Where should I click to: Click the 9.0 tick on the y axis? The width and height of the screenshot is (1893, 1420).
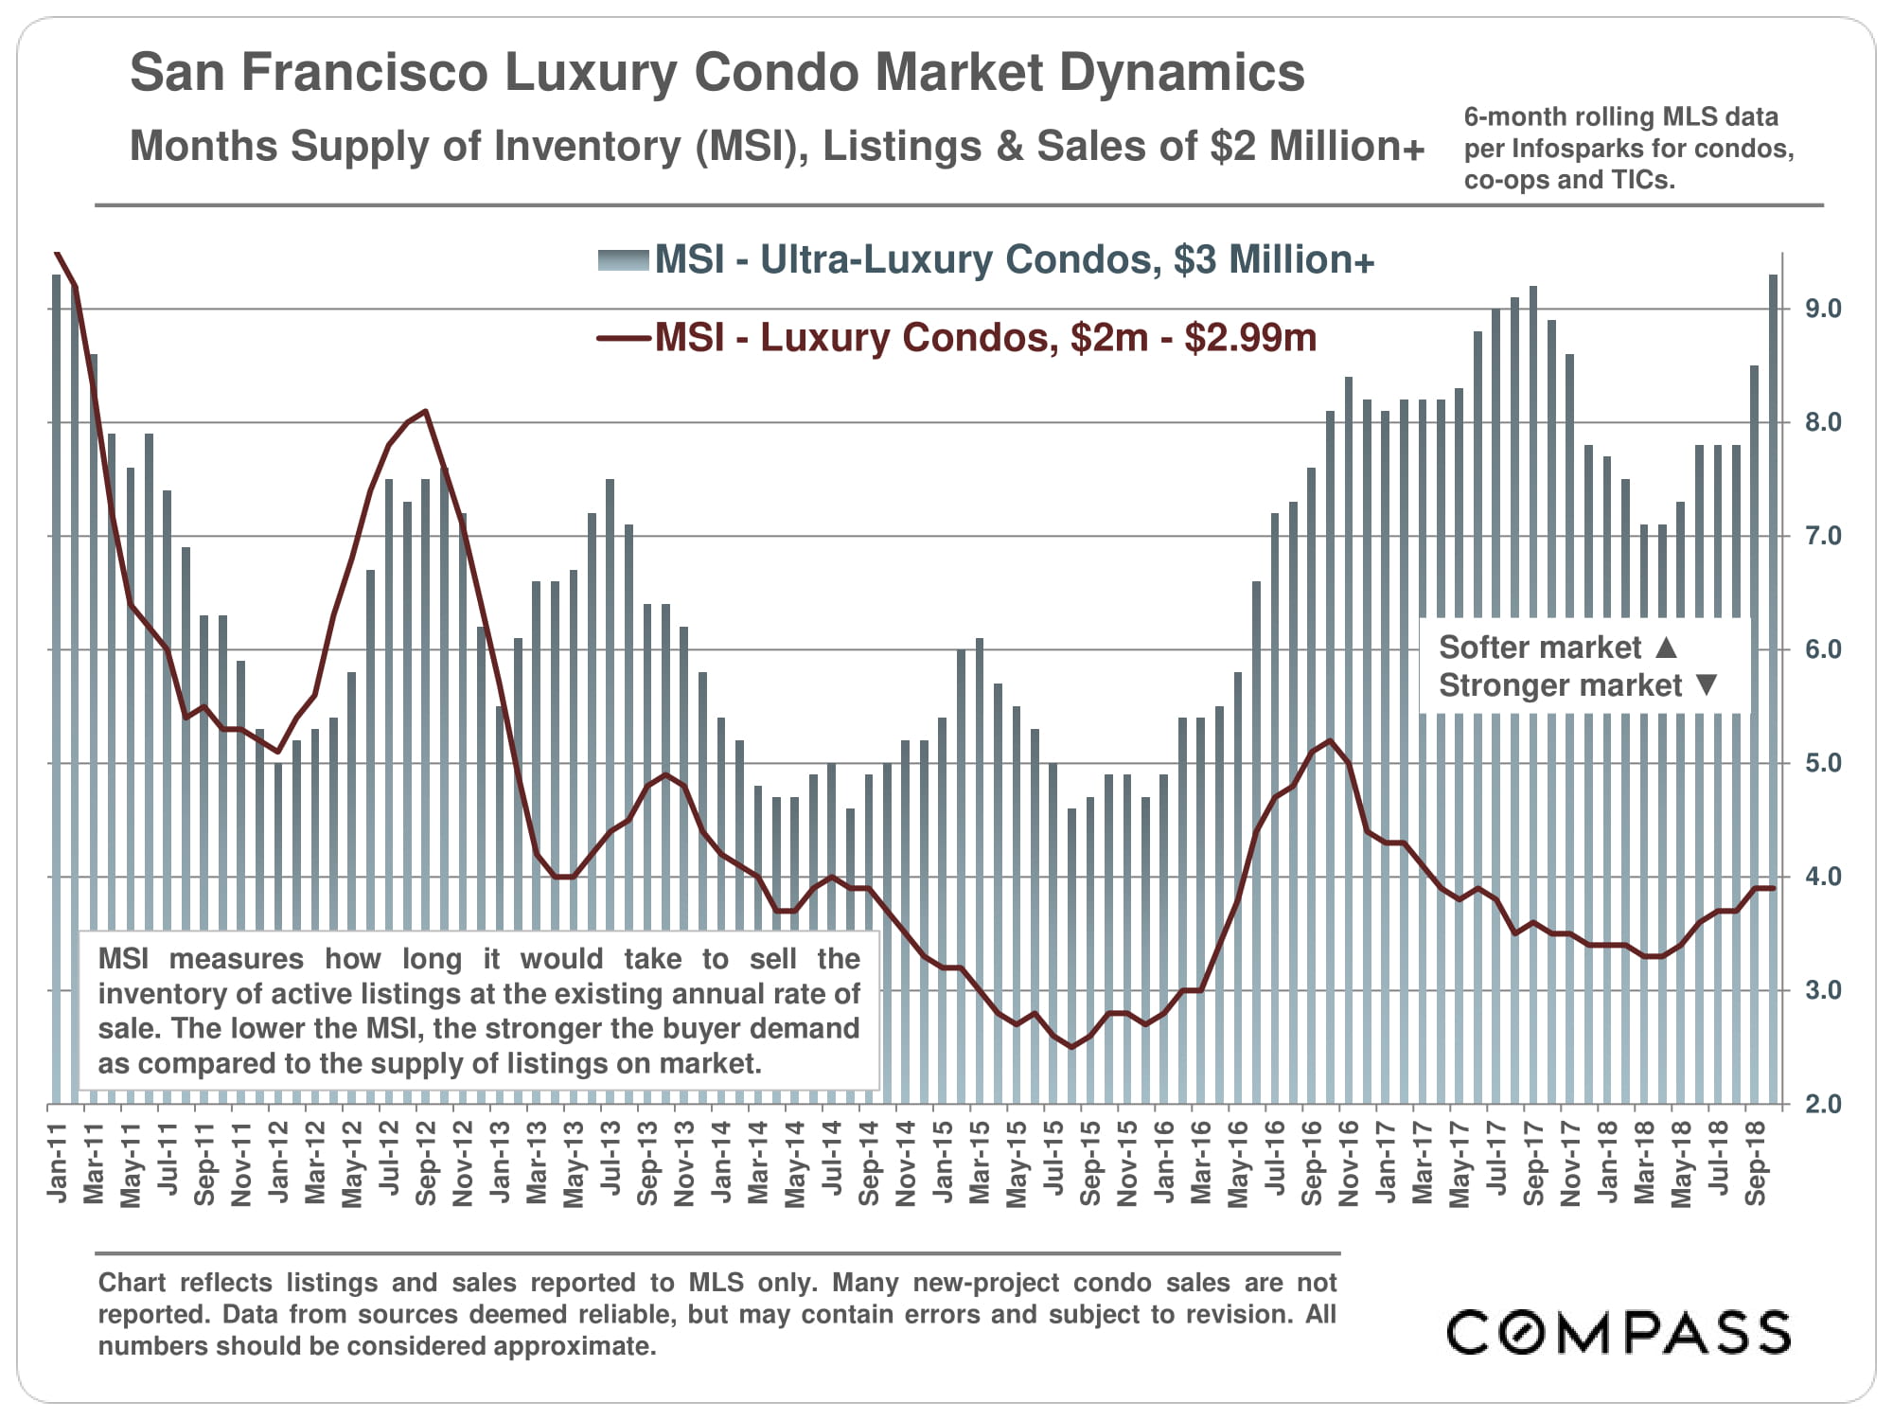click(1823, 309)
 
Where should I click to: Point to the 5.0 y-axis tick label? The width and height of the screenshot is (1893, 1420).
click(1823, 763)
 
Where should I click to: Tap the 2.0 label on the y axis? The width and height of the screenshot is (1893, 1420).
click(1823, 1104)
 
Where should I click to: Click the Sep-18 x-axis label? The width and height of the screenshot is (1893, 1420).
click(1756, 1163)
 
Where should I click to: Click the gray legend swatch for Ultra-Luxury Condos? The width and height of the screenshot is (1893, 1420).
click(623, 260)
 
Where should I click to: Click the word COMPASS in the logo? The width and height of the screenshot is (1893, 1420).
click(1619, 1332)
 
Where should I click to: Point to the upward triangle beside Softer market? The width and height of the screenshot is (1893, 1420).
click(1667, 648)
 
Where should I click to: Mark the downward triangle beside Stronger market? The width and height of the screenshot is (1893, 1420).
click(1707, 684)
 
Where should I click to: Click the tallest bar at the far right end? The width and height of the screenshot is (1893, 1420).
click(1773, 276)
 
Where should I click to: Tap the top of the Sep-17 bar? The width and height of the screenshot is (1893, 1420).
click(1532, 288)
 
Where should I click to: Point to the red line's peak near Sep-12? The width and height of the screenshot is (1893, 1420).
click(426, 411)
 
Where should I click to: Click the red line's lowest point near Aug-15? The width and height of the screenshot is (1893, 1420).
click(1071, 1046)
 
